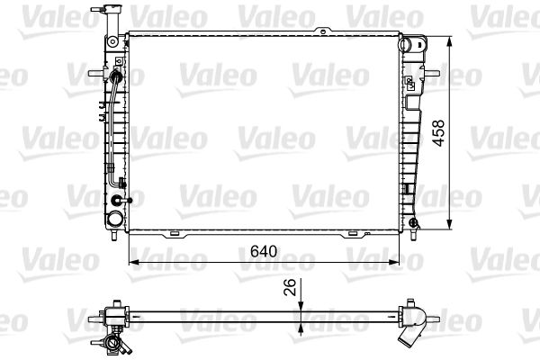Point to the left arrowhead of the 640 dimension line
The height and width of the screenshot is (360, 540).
[x=135, y=262]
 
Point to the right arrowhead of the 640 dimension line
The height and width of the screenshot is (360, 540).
[x=394, y=262]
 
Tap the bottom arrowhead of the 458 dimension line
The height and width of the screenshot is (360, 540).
[x=449, y=229]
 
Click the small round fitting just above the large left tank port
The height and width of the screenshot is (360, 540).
[x=126, y=199]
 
